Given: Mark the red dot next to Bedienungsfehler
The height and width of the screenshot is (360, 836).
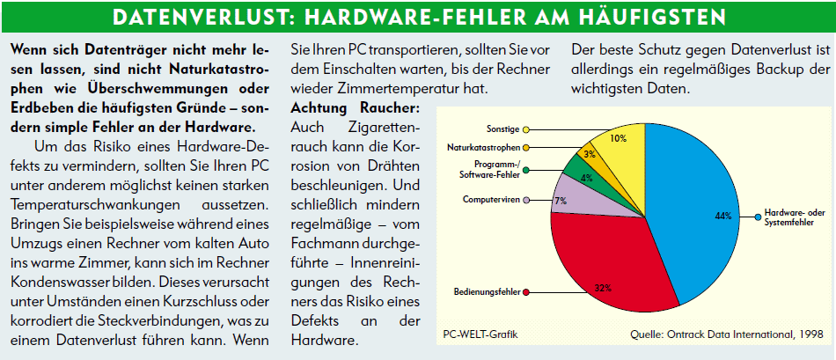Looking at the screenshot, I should [x=525, y=291].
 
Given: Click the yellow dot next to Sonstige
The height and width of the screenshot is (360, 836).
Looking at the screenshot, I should [x=525, y=129].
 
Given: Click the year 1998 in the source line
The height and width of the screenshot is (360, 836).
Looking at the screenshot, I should [x=810, y=334].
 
